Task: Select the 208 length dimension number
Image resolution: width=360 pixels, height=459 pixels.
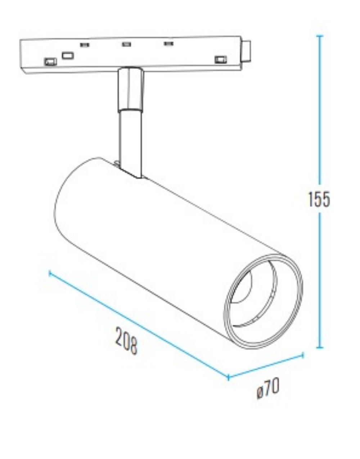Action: [x=126, y=340]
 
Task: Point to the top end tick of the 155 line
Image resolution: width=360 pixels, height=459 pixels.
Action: [x=319, y=36]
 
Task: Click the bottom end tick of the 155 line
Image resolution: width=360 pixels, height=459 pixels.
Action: [x=319, y=347]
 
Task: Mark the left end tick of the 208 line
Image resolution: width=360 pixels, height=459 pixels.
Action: [x=50, y=274]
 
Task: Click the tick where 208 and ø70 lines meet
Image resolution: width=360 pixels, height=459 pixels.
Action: [x=228, y=377]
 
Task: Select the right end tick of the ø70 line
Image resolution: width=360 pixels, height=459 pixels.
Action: [x=302, y=355]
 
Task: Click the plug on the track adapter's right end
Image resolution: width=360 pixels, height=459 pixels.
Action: [x=247, y=51]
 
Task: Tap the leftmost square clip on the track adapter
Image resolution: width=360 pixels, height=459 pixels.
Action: [x=50, y=62]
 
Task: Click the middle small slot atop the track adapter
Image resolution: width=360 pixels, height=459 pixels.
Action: [x=126, y=44]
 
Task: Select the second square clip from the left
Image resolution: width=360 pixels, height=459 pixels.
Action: [x=68, y=55]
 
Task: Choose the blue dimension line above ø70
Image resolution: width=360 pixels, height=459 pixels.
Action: [x=265, y=366]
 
